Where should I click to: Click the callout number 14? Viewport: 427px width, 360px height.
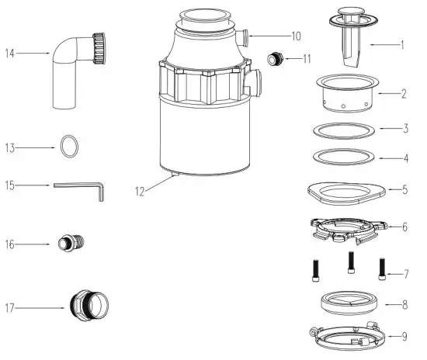pyautogui.click(x=10, y=54)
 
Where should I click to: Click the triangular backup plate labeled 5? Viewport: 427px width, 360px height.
pyautogui.click(x=344, y=190)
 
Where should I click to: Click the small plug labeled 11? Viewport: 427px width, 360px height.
pyautogui.click(x=272, y=58)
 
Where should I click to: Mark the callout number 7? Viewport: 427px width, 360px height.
pyautogui.click(x=404, y=275)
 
